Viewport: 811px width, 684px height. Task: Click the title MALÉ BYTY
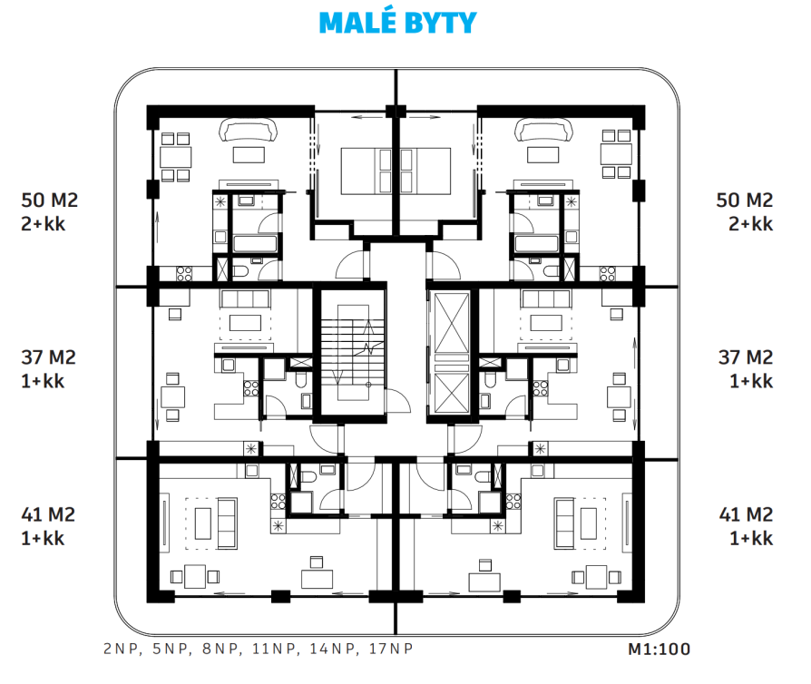[397, 23]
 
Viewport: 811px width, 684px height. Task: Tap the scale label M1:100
[659, 649]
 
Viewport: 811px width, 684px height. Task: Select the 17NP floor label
[391, 649]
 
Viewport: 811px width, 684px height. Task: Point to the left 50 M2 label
[50, 200]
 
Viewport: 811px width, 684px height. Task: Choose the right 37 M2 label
[746, 357]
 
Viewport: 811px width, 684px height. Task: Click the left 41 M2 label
[48, 514]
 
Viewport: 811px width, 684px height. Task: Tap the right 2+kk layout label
[750, 224]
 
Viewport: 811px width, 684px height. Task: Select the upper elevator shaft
[452, 322]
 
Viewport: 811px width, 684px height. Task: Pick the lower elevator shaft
[452, 393]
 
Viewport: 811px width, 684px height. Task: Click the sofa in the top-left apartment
[249, 130]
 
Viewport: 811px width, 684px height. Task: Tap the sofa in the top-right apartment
[543, 130]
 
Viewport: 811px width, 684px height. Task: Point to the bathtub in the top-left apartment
[256, 243]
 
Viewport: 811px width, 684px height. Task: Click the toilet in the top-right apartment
[552, 270]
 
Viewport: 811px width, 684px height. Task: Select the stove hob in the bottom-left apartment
[278, 501]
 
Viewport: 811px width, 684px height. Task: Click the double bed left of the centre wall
[366, 171]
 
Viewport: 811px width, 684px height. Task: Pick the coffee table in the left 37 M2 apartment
[245, 323]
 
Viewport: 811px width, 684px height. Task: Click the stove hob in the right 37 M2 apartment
[541, 388]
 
